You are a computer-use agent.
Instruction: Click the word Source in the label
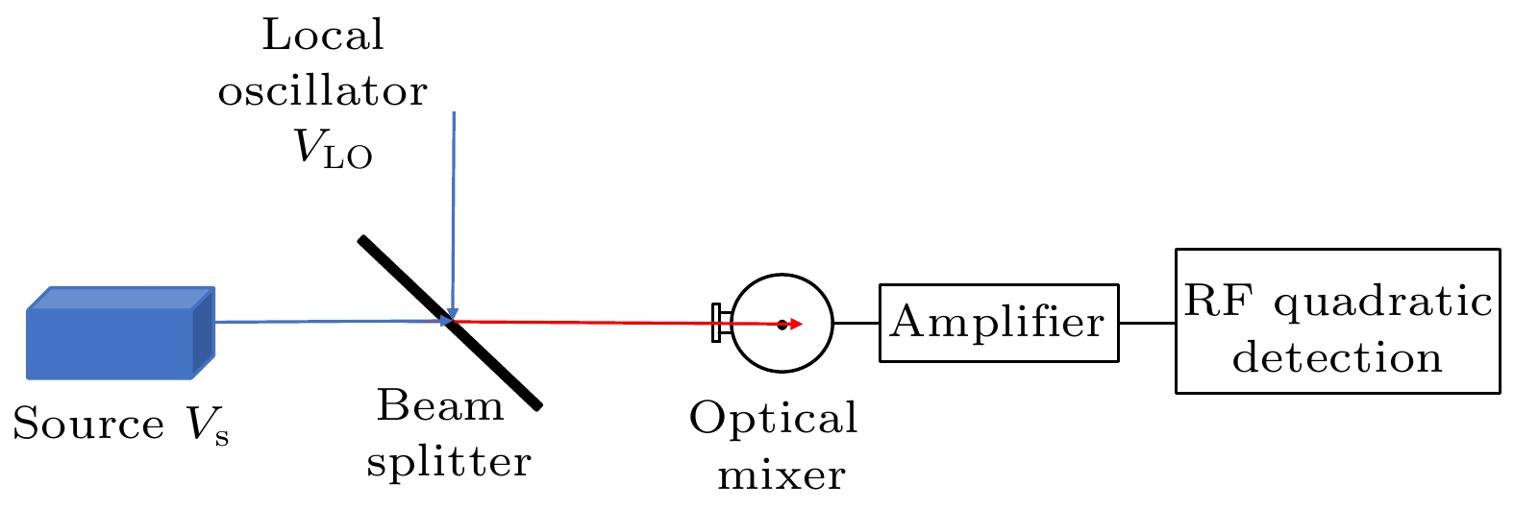[88, 425]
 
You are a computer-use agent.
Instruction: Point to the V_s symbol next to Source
[208, 426]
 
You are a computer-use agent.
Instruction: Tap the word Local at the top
[323, 36]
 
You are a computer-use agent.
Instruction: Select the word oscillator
[323, 92]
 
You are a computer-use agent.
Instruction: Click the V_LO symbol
[333, 150]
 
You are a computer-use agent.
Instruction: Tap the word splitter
[449, 462]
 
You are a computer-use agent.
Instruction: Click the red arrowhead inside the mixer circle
[796, 325]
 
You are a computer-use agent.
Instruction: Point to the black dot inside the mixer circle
[782, 325]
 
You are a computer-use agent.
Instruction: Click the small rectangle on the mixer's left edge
[716, 323]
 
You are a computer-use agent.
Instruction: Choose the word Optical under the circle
[773, 419]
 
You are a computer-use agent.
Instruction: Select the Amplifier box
[999, 323]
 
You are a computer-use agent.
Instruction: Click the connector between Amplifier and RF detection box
[1147, 323]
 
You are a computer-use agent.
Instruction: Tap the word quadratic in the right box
[1383, 302]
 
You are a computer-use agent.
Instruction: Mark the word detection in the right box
[1337, 358]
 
